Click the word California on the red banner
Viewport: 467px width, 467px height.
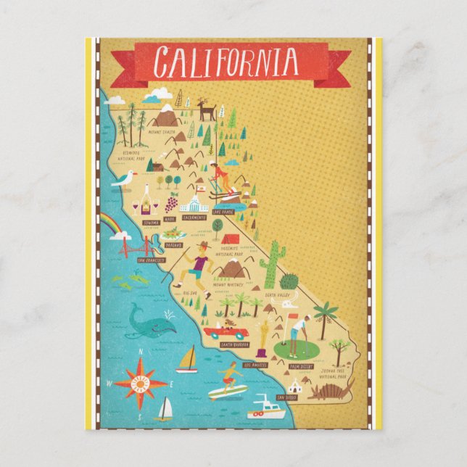click(x=226, y=62)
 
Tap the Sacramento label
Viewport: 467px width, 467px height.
click(x=194, y=217)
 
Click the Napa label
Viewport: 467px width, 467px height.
click(x=170, y=217)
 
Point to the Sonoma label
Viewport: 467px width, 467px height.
click(x=151, y=222)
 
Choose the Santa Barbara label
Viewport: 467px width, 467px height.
click(x=236, y=344)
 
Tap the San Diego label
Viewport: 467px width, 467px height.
click(x=287, y=397)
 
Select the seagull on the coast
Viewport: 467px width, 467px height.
click(x=124, y=179)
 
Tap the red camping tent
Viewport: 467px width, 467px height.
click(x=229, y=237)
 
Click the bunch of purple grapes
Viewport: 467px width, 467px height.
click(x=172, y=202)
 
